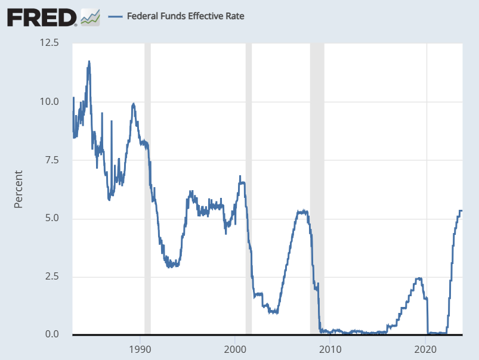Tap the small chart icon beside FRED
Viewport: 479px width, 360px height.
(x=90, y=17)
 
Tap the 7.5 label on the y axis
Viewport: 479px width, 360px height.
(x=51, y=160)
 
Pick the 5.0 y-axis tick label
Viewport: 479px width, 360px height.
(x=51, y=218)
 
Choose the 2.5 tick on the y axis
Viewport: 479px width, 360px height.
(x=51, y=277)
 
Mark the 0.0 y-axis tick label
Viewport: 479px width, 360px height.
(x=51, y=334)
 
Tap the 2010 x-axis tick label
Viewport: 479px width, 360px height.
(x=330, y=349)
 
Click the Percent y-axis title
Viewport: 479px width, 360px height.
(x=18, y=190)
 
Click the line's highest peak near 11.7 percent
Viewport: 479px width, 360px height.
(x=89, y=61)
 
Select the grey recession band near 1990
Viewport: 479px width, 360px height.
(x=147, y=179)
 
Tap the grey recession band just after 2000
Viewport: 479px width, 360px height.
(x=249, y=179)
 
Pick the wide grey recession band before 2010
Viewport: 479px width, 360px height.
(x=317, y=179)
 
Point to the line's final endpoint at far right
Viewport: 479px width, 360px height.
(x=462, y=210)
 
